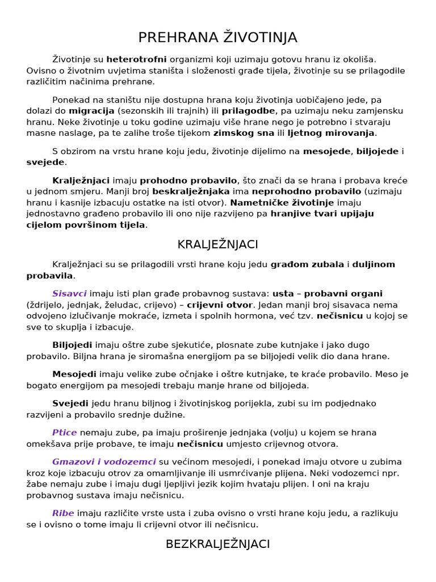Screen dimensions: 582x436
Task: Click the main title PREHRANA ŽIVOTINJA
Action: click(x=218, y=38)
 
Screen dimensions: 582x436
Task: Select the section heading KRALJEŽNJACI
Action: click(x=218, y=244)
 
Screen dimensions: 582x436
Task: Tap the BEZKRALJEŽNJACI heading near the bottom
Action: click(x=218, y=544)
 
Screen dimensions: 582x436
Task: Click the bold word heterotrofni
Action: click(x=136, y=59)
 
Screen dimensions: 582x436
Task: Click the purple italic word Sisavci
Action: click(x=69, y=294)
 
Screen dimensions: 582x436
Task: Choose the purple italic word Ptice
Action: click(x=64, y=433)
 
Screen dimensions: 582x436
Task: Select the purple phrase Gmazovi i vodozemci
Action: click(x=104, y=462)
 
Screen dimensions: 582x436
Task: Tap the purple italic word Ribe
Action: click(x=63, y=513)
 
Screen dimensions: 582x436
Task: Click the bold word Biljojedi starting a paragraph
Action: click(x=73, y=345)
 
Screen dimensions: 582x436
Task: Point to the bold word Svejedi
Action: click(x=70, y=403)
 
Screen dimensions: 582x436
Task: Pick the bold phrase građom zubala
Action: click(x=307, y=264)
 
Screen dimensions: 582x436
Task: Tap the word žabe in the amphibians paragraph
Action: click(x=37, y=484)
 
